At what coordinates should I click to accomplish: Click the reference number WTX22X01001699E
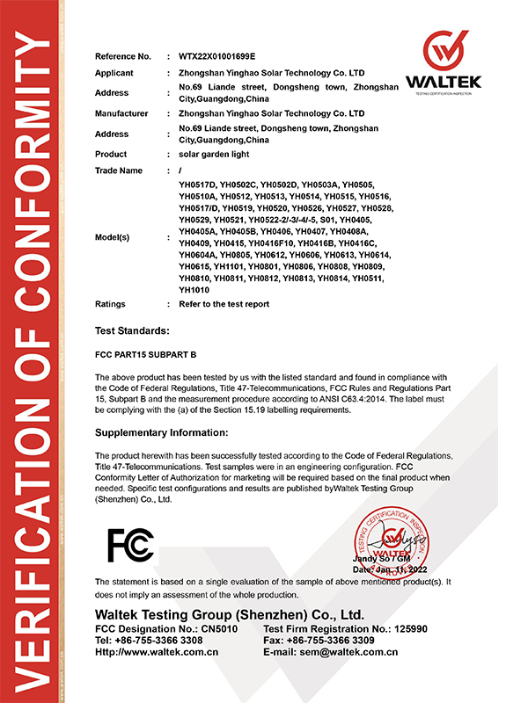216,56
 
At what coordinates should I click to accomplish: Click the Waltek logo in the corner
443,62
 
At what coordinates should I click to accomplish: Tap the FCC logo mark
130,545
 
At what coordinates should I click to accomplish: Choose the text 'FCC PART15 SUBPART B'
143,358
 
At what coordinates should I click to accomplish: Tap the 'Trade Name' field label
118,170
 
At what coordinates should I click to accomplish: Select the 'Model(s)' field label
113,237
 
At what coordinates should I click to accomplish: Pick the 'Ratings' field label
110,304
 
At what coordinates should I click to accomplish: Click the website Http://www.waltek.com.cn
156,652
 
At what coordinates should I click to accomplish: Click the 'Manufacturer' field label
121,113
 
